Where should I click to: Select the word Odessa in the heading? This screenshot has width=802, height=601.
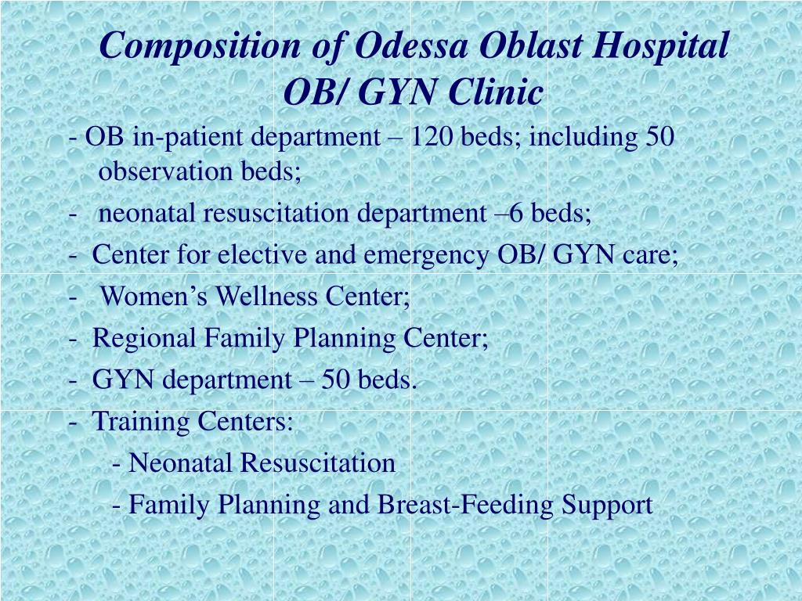coord(411,45)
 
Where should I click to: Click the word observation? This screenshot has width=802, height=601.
coord(165,171)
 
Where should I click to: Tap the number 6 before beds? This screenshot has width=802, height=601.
coord(516,213)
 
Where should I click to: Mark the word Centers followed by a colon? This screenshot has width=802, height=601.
coord(245,420)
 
